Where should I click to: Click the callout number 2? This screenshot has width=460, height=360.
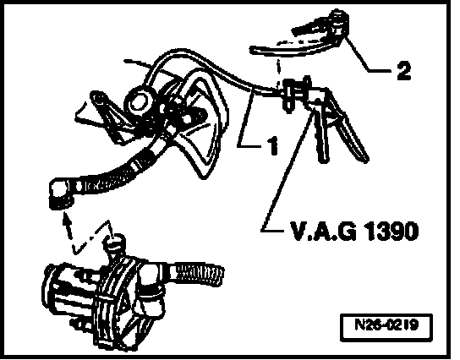[403, 70]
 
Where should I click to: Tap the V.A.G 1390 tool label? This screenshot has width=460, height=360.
[354, 231]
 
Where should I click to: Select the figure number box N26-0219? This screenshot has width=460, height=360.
[386, 327]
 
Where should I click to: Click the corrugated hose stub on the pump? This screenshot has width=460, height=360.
[200, 274]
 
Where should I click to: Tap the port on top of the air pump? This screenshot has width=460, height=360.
[115, 244]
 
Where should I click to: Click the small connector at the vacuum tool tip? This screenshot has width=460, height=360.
[290, 93]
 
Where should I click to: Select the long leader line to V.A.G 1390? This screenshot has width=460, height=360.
[287, 170]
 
